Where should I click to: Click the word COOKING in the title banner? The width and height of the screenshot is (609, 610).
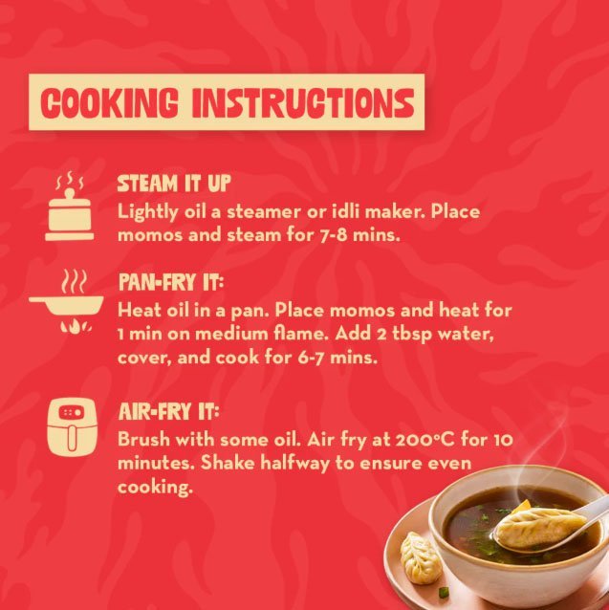point(109,102)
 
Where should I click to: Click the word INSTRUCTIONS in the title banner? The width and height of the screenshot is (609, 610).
point(303,102)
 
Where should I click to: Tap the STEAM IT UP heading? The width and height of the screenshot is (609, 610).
point(174,184)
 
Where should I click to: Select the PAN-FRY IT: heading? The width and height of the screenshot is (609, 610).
point(171,282)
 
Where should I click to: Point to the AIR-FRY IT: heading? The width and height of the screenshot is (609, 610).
point(169,411)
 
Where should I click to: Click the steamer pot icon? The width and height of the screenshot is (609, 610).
point(69,207)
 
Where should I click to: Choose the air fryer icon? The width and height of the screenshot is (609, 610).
point(72,426)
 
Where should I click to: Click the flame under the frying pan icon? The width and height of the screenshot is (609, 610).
point(76,326)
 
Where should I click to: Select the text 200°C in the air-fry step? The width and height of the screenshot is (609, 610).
point(425,440)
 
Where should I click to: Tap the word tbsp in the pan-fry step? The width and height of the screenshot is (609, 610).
point(412,335)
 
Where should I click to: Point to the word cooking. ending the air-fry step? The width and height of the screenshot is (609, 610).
point(155,488)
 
